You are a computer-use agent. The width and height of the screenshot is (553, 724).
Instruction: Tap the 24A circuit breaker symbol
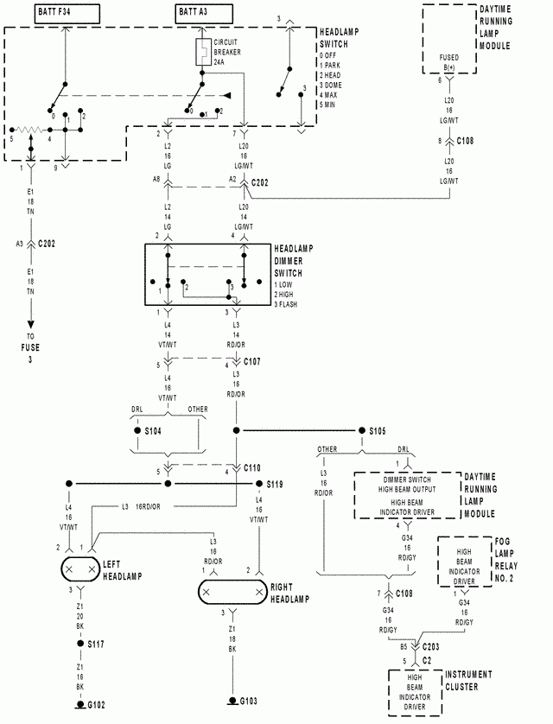201,51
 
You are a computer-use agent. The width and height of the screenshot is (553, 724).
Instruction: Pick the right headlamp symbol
231,591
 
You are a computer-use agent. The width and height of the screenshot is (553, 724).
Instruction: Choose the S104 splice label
152,429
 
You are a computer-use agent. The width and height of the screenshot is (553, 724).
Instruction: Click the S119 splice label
276,485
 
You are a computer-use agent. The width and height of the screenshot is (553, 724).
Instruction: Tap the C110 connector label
252,467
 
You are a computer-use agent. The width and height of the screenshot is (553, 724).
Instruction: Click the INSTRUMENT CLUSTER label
468,680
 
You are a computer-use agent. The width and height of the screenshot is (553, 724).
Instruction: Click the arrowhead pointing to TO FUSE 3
31,323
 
